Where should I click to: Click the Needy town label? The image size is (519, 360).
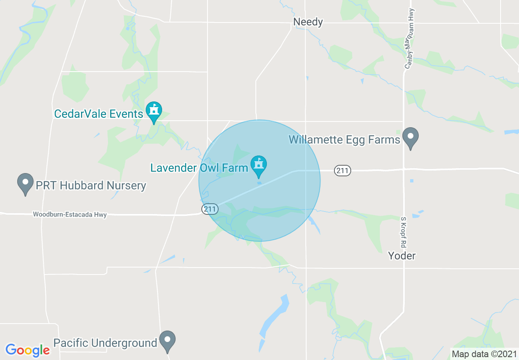tap(308, 22)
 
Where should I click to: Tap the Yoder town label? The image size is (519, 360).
tap(402, 256)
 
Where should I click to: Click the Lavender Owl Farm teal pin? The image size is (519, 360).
tap(259, 165)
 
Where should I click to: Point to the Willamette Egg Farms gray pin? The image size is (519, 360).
tap(411, 137)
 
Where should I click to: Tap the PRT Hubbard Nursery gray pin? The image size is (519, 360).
tap(25, 183)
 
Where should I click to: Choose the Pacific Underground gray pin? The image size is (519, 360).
tap(167, 340)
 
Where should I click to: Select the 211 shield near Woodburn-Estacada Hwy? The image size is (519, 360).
tap(210, 209)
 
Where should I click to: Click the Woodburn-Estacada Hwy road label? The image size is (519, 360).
tap(70, 214)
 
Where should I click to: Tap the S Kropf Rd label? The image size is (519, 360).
tap(403, 232)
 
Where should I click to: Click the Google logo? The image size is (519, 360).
tap(27, 350)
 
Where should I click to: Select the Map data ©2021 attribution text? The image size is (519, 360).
tap(483, 354)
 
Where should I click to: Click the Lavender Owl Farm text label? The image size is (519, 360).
tap(199, 168)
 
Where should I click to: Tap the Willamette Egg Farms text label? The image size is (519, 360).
tap(344, 139)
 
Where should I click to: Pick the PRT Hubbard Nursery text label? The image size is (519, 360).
tap(91, 185)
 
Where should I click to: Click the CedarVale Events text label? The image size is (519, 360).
tap(99, 114)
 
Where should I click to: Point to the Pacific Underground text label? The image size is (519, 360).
tap(105, 343)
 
